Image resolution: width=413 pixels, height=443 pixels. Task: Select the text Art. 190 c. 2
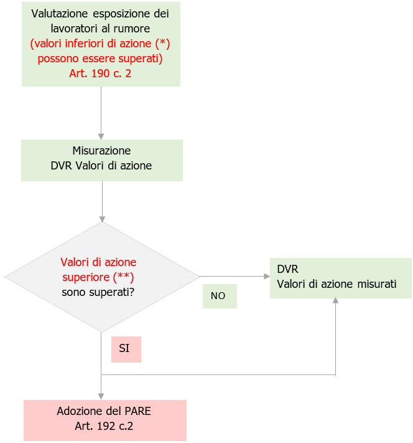tap(101, 73)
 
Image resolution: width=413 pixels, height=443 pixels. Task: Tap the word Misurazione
tap(101, 151)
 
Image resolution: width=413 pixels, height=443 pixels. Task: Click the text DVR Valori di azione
tap(101, 166)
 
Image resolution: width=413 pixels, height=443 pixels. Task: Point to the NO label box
tap(219, 296)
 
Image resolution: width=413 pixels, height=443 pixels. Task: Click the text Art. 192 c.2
tap(104, 427)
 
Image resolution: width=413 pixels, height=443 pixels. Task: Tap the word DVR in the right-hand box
tap(288, 269)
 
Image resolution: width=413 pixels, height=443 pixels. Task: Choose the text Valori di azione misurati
tap(336, 284)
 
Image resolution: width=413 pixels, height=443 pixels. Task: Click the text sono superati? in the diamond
tap(98, 292)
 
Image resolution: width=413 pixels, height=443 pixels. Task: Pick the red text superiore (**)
tap(98, 277)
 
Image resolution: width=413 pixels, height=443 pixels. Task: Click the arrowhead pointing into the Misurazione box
tap(101, 136)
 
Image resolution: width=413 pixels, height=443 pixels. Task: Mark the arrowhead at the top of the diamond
tap(101, 219)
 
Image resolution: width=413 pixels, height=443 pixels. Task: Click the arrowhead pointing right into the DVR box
tap(266, 277)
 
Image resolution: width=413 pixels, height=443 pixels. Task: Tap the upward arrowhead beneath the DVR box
tap(336, 301)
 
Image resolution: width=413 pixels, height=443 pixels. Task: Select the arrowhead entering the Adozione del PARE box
tap(101, 396)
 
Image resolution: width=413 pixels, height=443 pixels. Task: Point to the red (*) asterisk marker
tap(161, 44)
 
